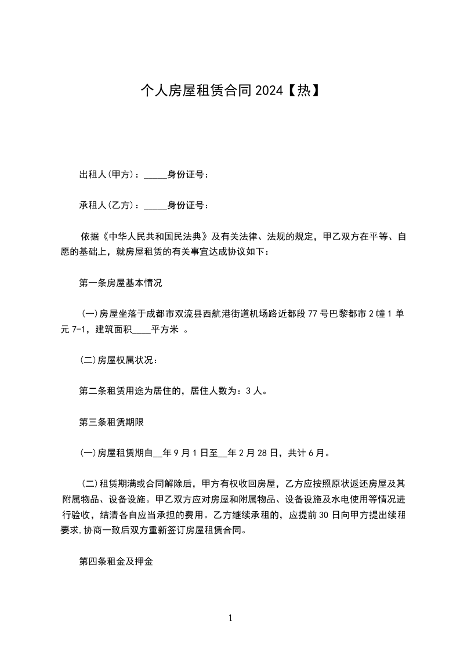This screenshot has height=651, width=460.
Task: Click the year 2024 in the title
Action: [x=268, y=91]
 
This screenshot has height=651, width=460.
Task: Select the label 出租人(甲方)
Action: [x=106, y=174]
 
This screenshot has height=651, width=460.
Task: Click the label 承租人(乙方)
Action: [x=106, y=205]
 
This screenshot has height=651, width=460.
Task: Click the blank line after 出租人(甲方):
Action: [x=155, y=176]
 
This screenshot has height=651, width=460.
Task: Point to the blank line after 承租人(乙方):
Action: [x=155, y=207]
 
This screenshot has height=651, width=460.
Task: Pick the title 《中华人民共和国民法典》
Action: [x=155, y=237]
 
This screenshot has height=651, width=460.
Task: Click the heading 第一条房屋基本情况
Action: [x=120, y=284]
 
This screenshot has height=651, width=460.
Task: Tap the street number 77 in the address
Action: [x=313, y=314]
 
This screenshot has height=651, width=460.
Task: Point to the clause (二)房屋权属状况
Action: [x=118, y=360]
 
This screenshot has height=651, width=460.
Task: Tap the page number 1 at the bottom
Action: [x=230, y=619]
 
